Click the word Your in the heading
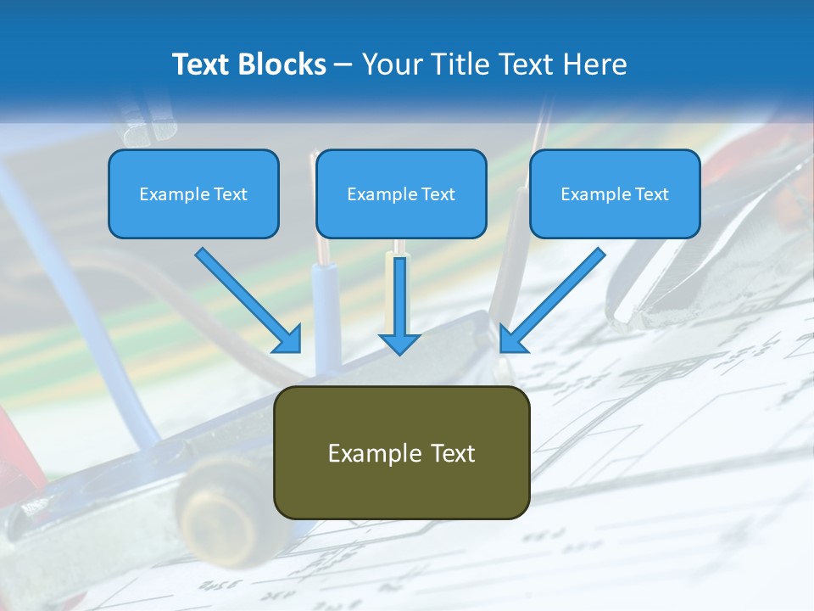point(390,64)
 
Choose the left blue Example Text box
point(193,193)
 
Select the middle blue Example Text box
point(401,193)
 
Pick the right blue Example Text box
point(615,193)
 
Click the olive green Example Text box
point(401,452)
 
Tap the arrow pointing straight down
point(399,301)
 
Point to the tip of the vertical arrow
point(399,351)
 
